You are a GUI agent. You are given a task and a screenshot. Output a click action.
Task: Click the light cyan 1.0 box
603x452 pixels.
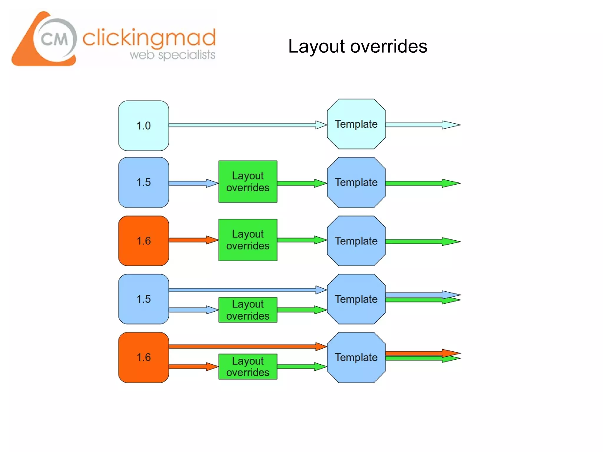(143, 126)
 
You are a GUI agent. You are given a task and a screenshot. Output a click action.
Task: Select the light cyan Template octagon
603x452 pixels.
(356, 124)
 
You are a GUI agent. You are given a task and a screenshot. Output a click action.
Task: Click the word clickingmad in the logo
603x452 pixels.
(149, 38)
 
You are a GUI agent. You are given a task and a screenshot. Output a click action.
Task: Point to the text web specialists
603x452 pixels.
(172, 55)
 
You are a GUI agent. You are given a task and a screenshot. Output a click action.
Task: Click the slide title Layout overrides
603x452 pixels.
(357, 46)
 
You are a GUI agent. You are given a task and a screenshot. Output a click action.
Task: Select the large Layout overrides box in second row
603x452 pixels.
(248, 182)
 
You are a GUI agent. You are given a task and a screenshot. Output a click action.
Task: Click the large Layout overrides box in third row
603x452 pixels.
(248, 240)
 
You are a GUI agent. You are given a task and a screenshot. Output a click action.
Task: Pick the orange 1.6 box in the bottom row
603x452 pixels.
(143, 358)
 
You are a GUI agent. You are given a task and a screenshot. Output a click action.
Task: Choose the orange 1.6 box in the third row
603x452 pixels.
(143, 241)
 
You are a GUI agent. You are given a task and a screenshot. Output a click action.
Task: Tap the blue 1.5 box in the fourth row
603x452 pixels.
(143, 299)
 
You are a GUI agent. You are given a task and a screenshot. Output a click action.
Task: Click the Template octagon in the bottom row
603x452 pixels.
(356, 358)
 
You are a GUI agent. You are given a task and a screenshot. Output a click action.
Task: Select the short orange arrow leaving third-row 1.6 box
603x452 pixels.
(193, 240)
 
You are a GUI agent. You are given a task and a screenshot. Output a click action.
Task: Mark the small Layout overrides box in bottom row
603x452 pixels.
(248, 367)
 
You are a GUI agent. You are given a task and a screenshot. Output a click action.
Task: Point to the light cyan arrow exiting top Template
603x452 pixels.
(421, 125)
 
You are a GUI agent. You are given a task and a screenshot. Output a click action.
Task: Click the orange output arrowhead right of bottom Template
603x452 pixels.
(450, 353)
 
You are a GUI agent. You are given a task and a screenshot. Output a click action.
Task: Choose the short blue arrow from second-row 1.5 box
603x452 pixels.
(193, 183)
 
